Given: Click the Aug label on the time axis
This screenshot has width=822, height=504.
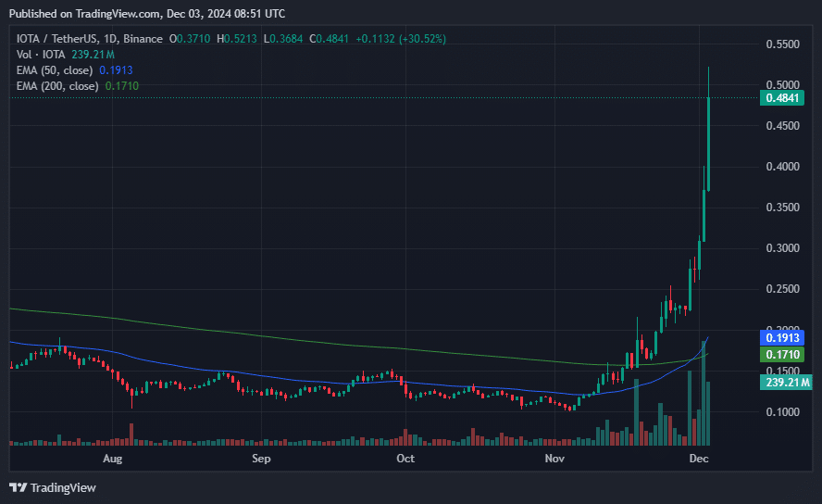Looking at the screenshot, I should tap(112, 459).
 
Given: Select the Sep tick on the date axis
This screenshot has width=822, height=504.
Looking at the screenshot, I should tap(261, 459).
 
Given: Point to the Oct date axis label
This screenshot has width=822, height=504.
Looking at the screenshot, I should tap(405, 459).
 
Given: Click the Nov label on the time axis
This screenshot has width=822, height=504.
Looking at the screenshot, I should tap(554, 459).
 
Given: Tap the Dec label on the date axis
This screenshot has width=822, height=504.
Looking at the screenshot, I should tap(699, 459).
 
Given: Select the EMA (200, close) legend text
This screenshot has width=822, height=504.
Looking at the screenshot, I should tap(58, 86).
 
